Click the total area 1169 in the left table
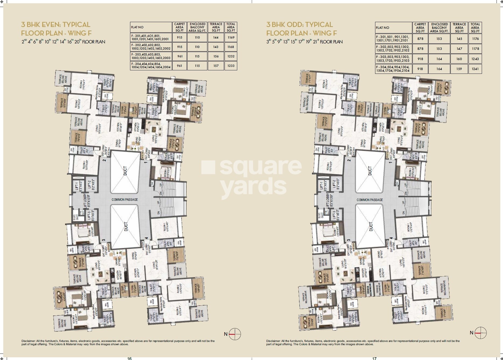[231, 37]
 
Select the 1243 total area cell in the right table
[475, 59]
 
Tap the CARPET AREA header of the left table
[179, 27]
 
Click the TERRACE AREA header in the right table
[459, 27]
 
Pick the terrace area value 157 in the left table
[216, 66]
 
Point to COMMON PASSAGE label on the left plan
[125, 200]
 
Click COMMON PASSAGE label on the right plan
[369, 200]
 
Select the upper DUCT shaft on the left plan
[125, 171]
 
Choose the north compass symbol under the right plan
[481, 333]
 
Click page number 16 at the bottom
[130, 358]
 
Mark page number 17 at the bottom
[374, 358]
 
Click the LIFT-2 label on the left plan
[89, 185]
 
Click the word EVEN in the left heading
[49, 25]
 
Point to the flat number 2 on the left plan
[104, 160]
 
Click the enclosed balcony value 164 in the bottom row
[439, 69]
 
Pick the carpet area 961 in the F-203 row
[179, 56]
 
